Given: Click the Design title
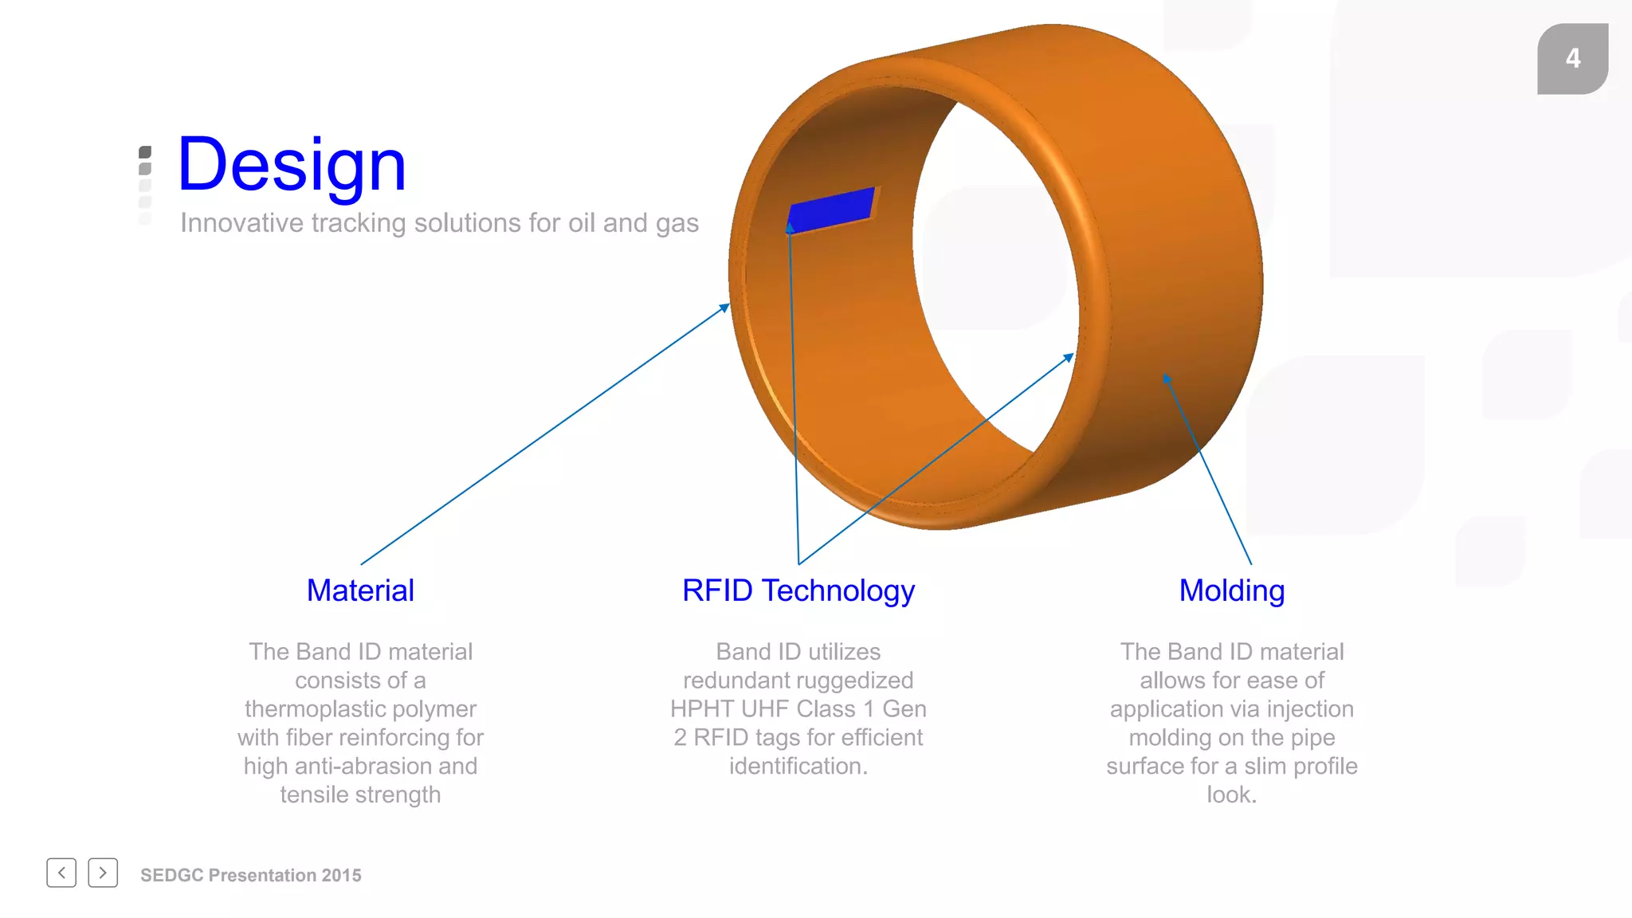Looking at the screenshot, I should [292, 165].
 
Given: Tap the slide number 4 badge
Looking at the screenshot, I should [1572, 58].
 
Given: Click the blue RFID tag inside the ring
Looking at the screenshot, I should [831, 210].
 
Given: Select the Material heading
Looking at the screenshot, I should [360, 590].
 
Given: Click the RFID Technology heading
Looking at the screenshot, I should [798, 590].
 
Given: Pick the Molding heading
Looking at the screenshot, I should [1232, 590].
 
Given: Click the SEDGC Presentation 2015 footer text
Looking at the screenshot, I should [251, 875].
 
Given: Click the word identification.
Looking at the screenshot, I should [798, 767].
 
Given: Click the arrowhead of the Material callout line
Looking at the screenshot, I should [726, 306].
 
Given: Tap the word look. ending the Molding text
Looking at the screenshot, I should [1232, 795].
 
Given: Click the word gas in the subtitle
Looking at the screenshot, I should [677, 224].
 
